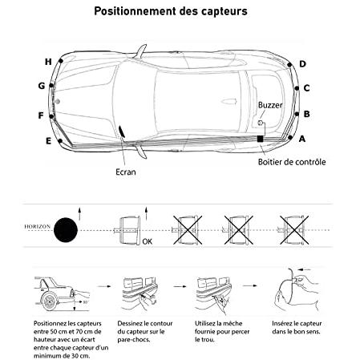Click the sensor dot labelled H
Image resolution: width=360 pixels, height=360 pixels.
pos(61,61)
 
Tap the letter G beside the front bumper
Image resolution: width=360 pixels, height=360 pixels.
pos(42,86)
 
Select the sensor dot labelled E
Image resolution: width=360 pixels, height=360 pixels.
pos(60,141)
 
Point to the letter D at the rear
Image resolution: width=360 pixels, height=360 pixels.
pos(302,64)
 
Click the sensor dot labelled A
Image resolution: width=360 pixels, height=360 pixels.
pos(290,138)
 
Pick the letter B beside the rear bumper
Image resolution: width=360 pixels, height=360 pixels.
pos(306,114)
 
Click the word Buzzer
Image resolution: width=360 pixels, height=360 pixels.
pos(270,105)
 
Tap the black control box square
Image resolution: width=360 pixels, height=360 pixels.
pos(260,139)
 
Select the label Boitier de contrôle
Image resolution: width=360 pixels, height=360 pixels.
pos(292,162)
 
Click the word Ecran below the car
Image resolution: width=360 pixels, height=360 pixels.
pos(126,172)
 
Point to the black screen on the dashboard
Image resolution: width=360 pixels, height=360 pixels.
pos(122,131)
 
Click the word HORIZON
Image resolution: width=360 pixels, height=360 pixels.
pos(38,226)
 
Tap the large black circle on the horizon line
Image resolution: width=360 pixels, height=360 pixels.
pos(66,230)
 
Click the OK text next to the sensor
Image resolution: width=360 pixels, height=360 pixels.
pos(148,241)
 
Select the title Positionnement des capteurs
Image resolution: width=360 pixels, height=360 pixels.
pos(171,11)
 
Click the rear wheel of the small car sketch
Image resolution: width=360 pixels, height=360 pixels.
pos(50,301)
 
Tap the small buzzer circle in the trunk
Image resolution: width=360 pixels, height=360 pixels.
pos(260,123)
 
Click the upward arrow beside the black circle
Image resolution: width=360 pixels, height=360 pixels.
pos(79,213)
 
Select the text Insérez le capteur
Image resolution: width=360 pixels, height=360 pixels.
pos(297,323)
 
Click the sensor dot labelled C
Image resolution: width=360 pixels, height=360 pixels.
pos(297,88)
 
